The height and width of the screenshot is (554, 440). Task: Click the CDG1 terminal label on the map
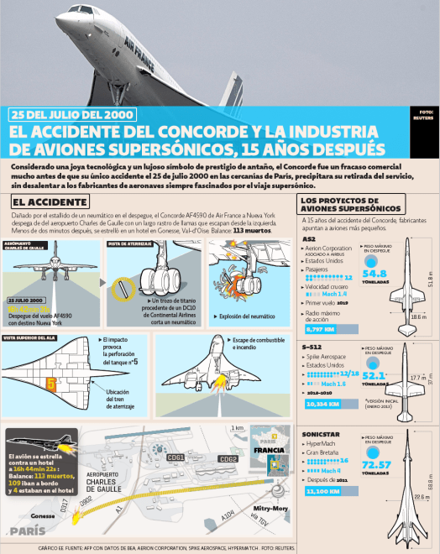tap(176, 457)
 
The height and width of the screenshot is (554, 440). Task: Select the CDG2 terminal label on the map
tap(228, 459)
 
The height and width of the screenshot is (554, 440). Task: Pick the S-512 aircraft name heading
tap(312, 346)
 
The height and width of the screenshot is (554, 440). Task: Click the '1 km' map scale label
tap(238, 428)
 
